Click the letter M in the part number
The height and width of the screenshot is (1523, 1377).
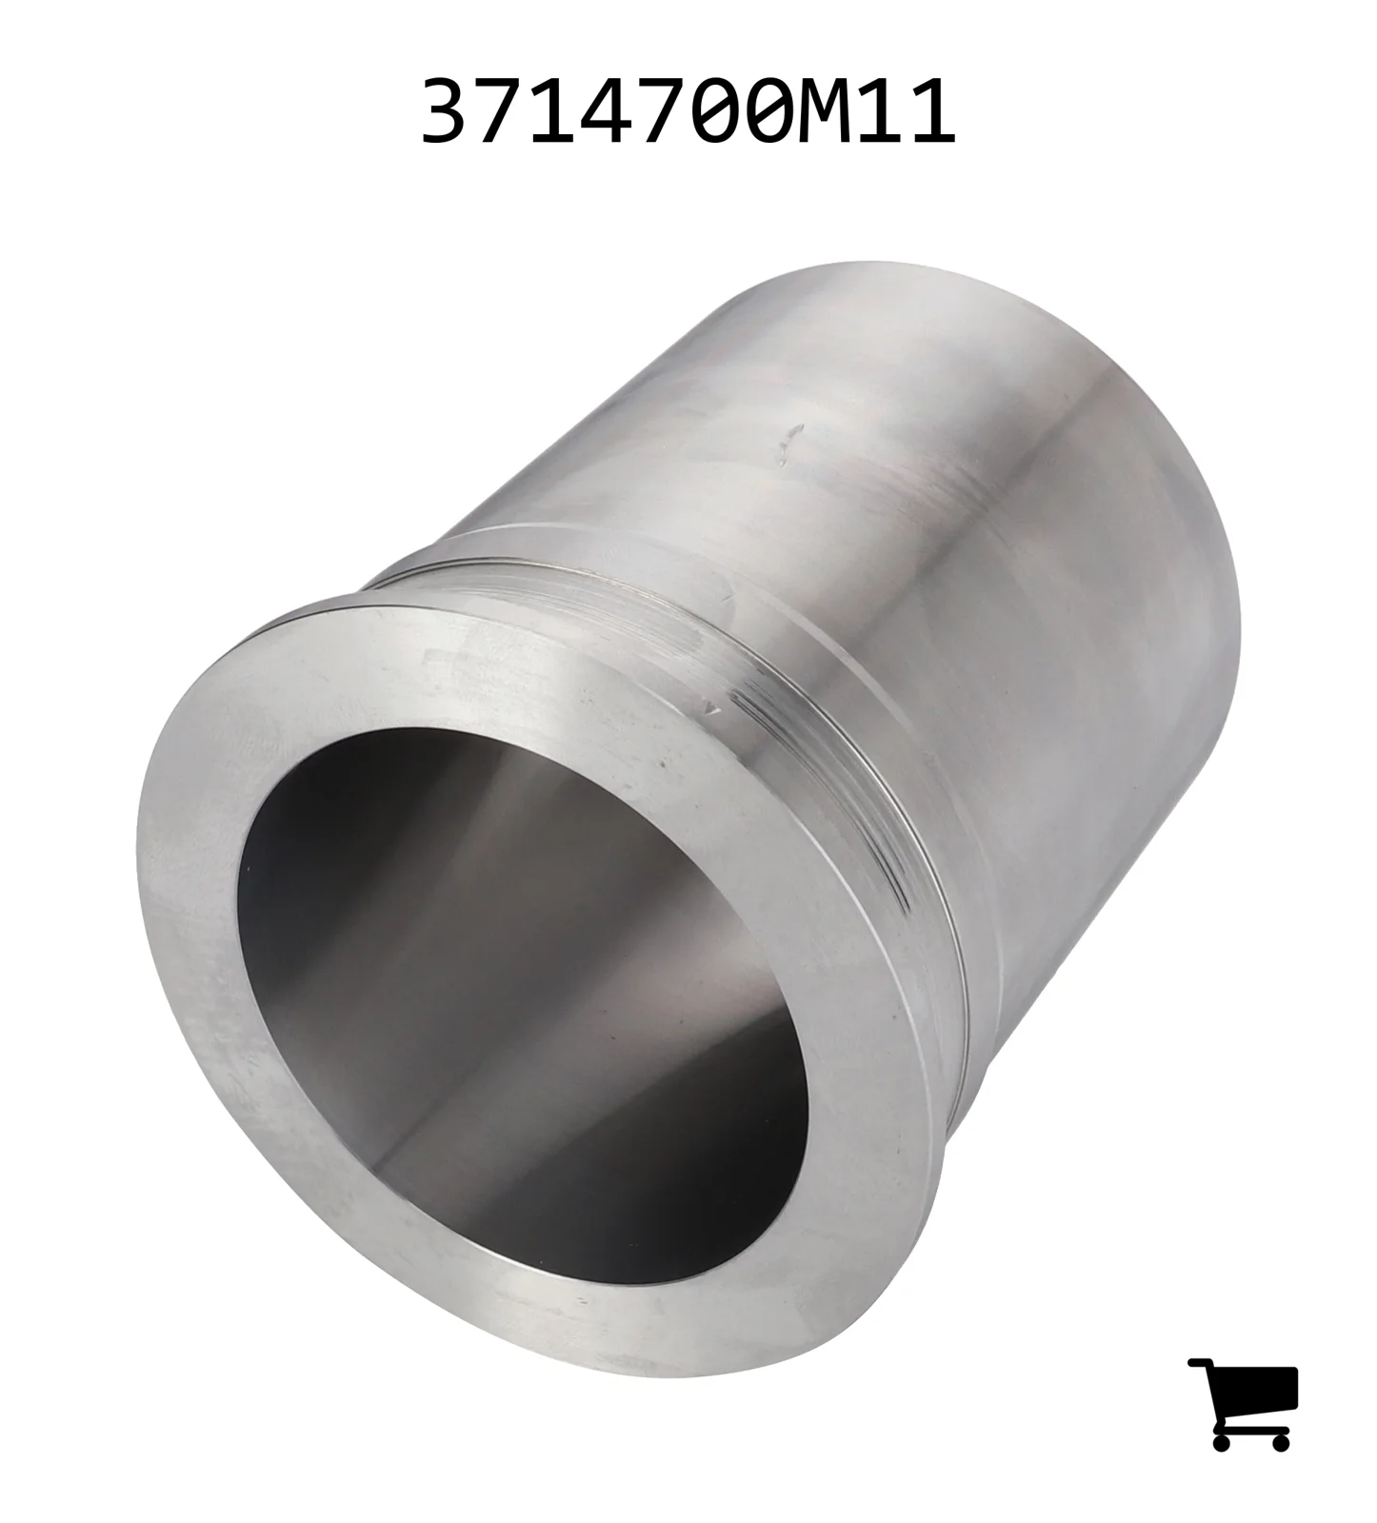click(x=821, y=112)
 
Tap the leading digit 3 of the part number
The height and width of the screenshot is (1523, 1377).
click(x=447, y=112)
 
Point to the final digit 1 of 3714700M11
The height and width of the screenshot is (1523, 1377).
click(x=928, y=112)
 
